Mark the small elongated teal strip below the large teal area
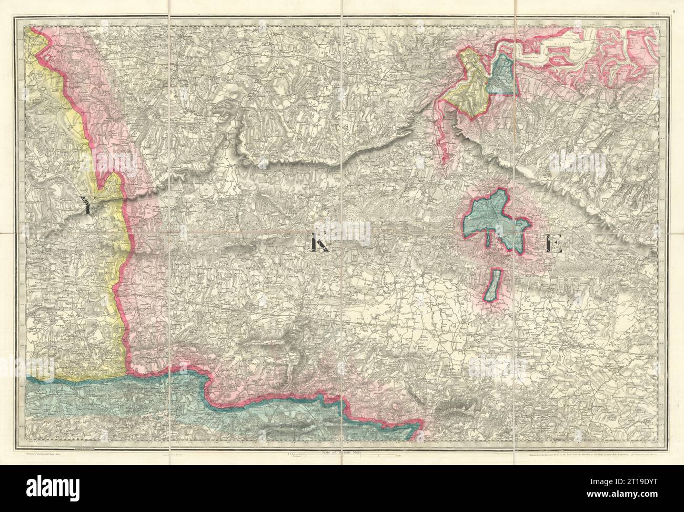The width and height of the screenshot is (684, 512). (x=492, y=285)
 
